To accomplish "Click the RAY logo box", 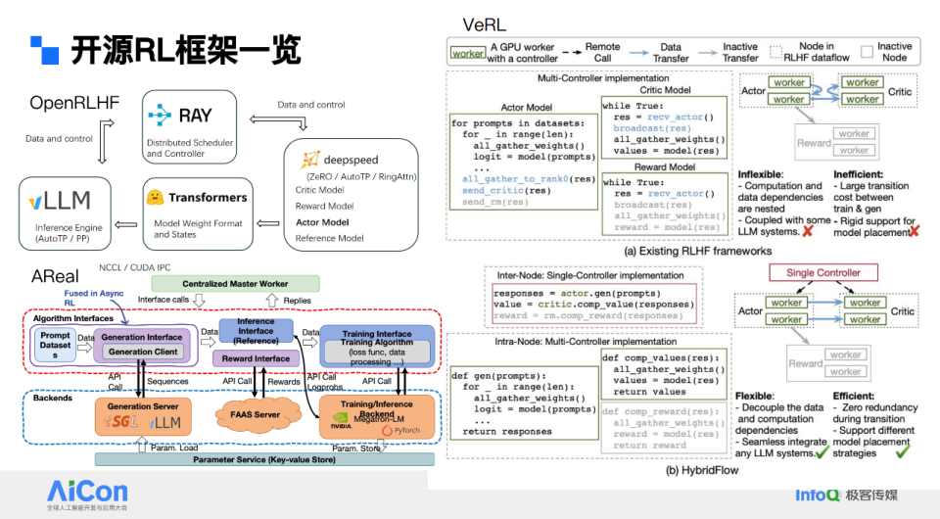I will click(x=190, y=124).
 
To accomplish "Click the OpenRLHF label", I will click(x=75, y=102).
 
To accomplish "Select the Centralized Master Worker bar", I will click(x=236, y=284).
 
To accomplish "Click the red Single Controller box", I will click(x=823, y=274).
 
